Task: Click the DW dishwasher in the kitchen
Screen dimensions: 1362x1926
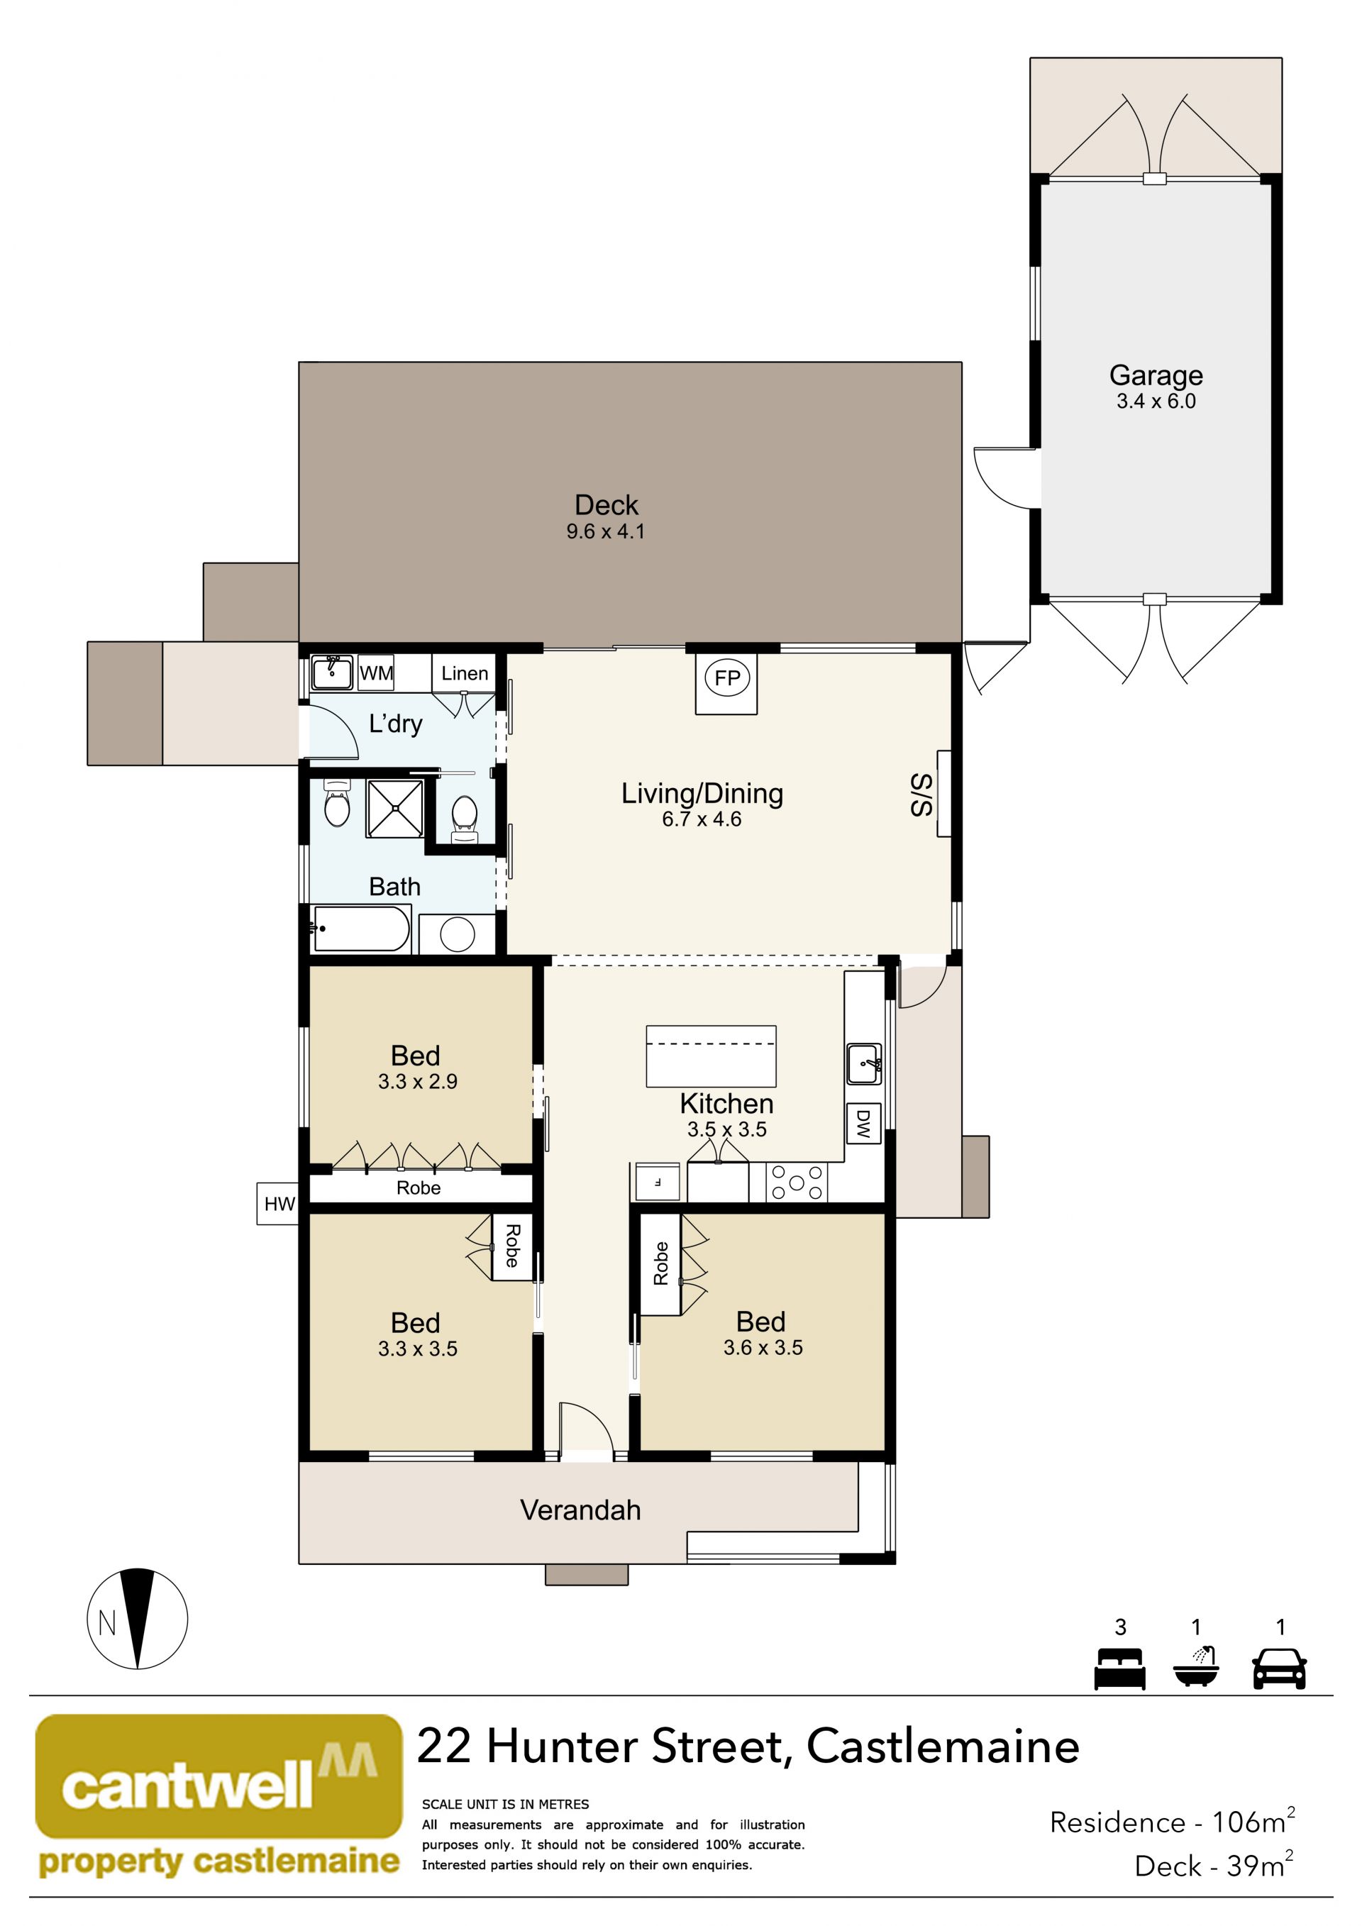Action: coord(863,1123)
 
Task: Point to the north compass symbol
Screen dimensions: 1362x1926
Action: coord(138,1619)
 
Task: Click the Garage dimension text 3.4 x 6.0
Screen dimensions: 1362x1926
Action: coord(1156,401)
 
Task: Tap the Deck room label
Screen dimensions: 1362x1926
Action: coord(607,505)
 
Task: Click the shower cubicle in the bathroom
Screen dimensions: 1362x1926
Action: coord(394,809)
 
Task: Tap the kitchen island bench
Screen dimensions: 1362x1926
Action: coord(710,1056)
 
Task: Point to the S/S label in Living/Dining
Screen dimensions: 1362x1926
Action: coord(921,795)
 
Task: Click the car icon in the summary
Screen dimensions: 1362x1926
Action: coord(1279,1668)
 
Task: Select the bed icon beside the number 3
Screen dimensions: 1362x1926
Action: coord(1119,1668)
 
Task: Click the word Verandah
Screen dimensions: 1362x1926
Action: coord(580,1510)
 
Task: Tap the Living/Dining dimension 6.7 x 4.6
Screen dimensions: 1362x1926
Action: coord(702,819)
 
